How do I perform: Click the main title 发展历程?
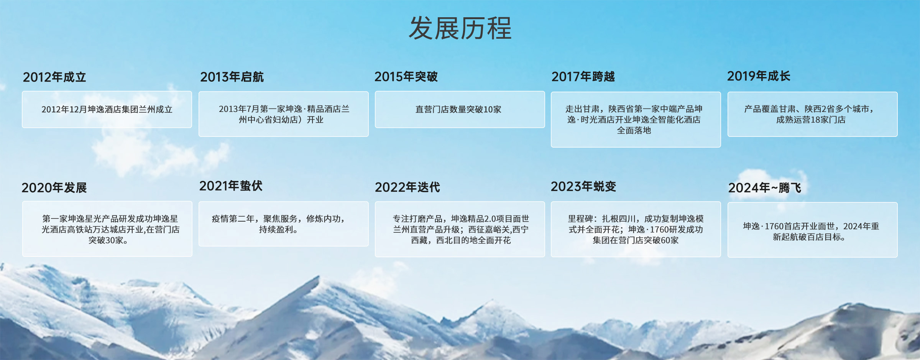pos(460,28)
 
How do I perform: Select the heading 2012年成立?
pos(54,77)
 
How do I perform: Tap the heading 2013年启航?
pos(232,77)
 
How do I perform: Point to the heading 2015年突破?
pos(406,77)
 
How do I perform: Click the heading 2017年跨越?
pos(583,77)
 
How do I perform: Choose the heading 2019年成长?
pos(759,76)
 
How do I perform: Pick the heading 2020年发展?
pos(54,187)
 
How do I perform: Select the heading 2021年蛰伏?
pos(231,186)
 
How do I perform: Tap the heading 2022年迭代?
pos(407,187)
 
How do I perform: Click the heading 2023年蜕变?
pos(583,186)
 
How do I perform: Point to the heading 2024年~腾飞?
pos(765,188)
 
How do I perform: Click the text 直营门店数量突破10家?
pos(458,110)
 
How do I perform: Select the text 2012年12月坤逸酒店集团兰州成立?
pos(107,110)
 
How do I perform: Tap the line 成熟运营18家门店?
pos(811,120)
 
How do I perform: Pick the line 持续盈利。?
pos(279,230)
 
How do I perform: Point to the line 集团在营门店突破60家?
pos(636,240)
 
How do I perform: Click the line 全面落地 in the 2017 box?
pos(634,131)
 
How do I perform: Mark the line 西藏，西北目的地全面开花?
pos(461,240)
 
